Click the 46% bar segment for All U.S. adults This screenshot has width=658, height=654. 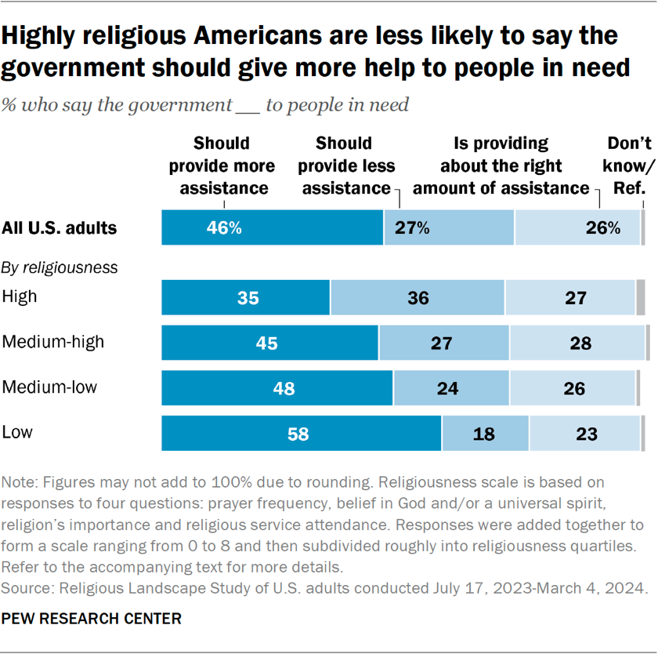click(272, 228)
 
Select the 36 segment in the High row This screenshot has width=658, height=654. click(418, 298)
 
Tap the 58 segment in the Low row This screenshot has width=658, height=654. click(301, 434)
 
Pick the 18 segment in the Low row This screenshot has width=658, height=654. click(485, 434)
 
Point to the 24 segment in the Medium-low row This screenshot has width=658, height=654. click(451, 388)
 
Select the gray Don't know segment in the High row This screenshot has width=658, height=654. click(640, 298)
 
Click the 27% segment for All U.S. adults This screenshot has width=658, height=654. click(449, 228)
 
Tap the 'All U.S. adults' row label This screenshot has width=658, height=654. click(60, 228)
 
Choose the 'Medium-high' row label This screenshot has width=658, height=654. click(53, 342)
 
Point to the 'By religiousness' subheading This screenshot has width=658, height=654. click(60, 267)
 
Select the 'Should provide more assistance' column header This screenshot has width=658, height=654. click(222, 166)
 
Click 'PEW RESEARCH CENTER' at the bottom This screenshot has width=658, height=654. click(92, 619)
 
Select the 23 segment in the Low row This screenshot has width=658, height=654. click(584, 434)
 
